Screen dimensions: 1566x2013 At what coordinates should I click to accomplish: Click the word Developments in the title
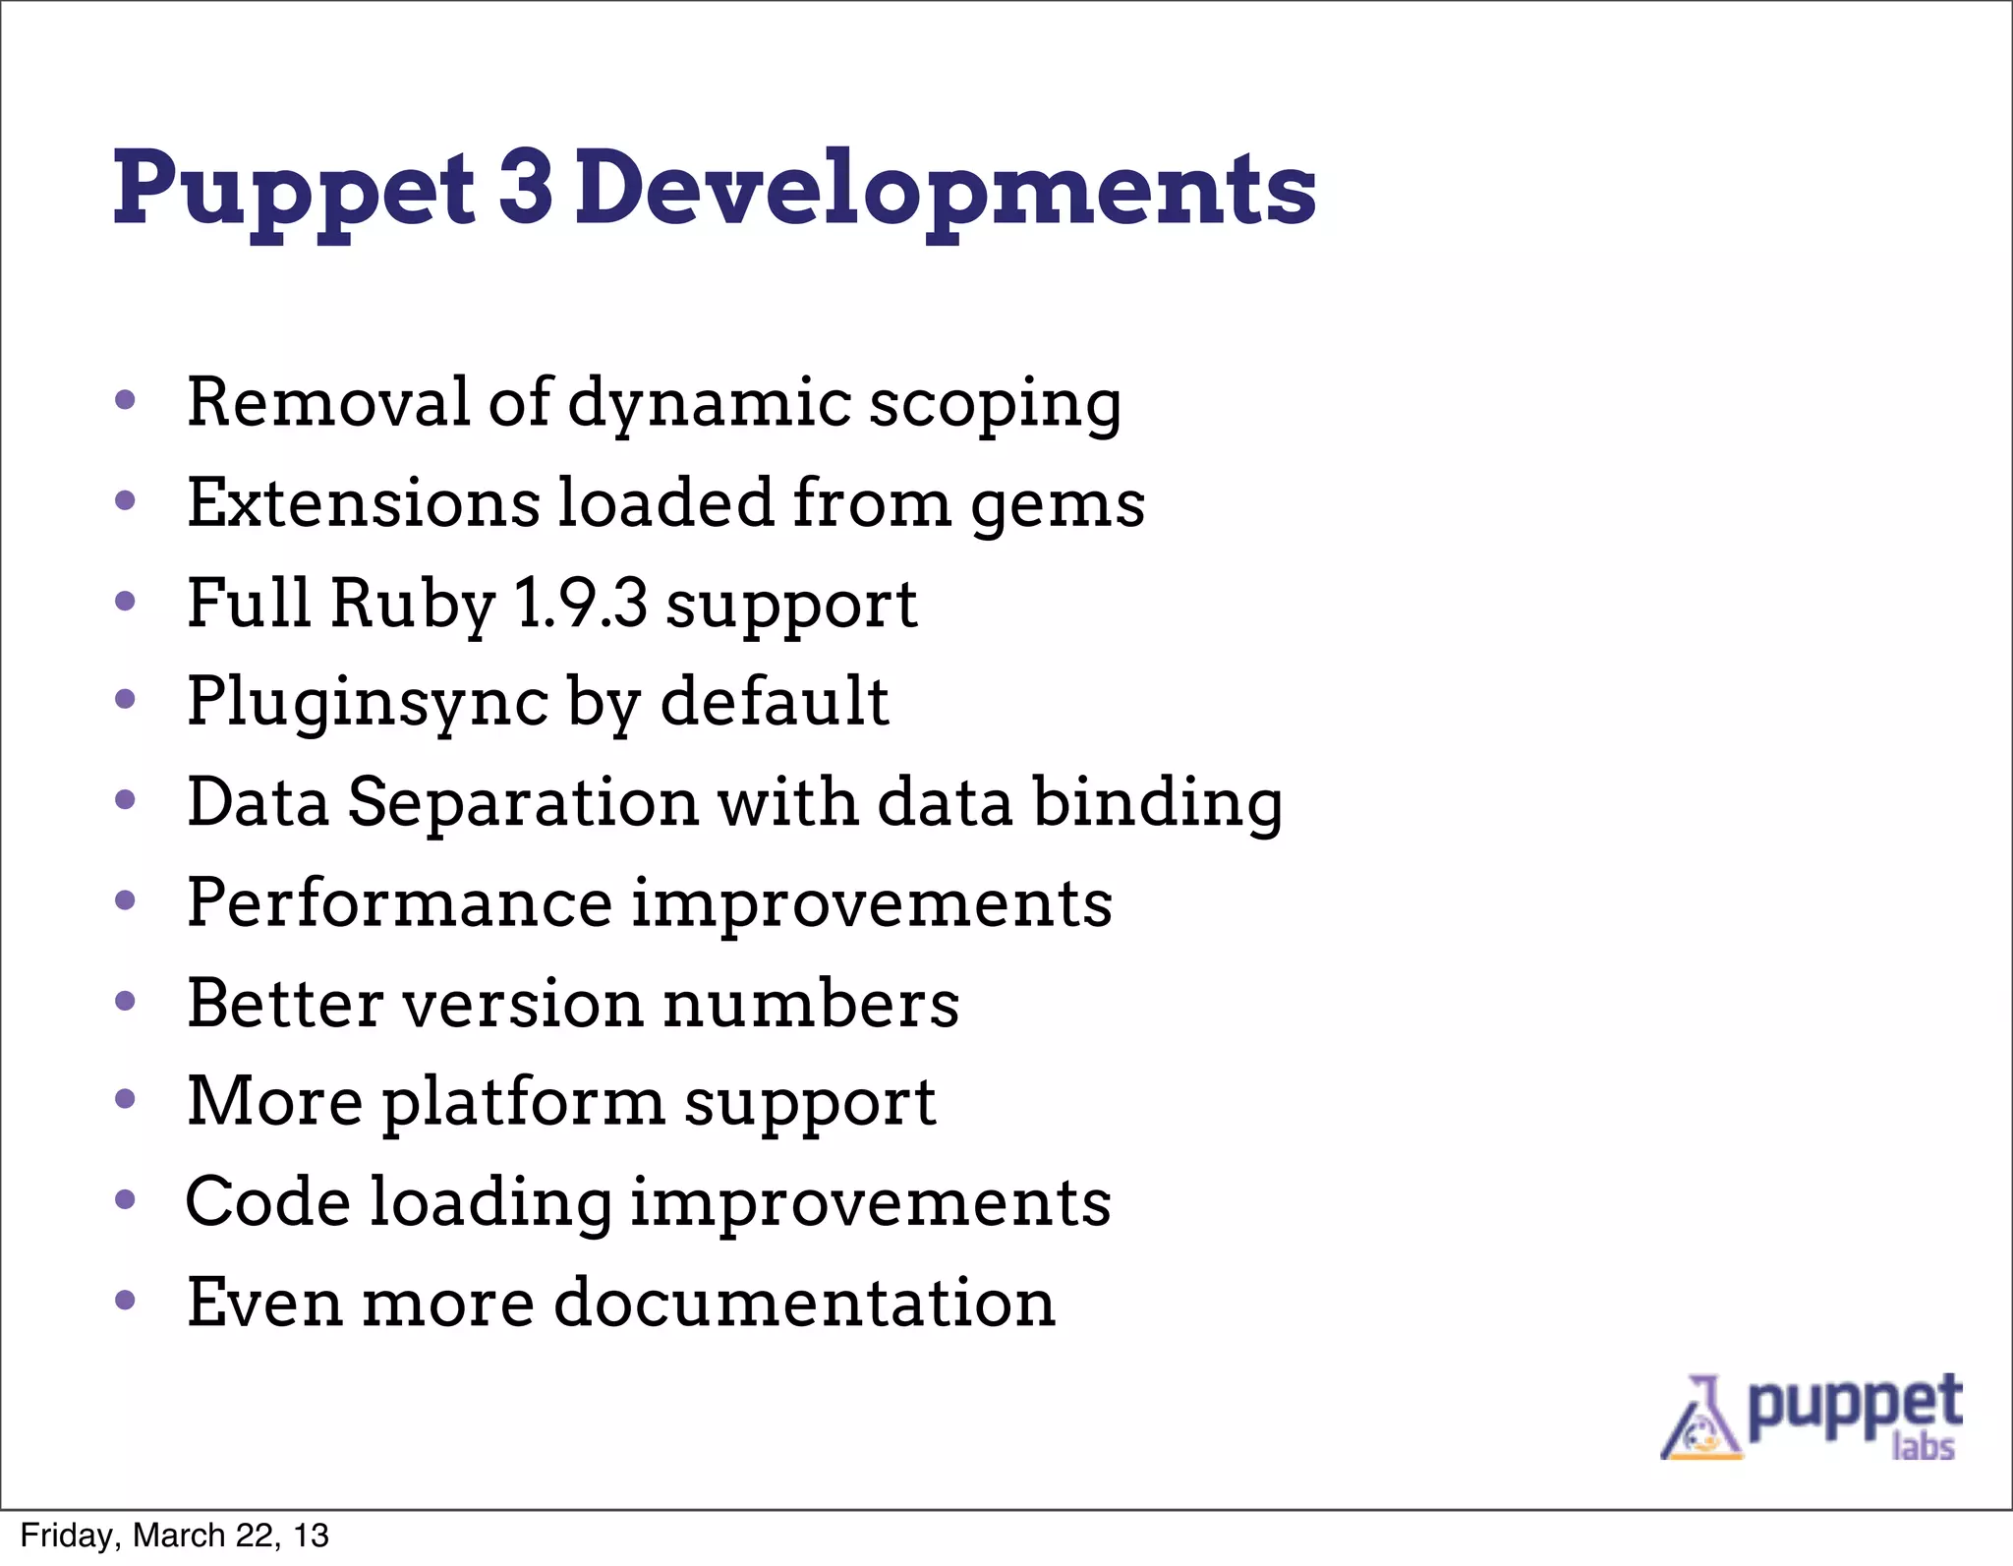[945, 189]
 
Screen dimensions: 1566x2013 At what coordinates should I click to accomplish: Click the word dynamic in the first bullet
[710, 405]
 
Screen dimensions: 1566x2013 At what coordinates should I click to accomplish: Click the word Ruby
[413, 605]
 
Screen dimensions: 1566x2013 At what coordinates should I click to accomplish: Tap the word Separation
[523, 802]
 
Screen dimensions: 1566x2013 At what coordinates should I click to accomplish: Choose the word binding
[1157, 804]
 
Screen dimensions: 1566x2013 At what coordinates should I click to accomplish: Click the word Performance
[399, 902]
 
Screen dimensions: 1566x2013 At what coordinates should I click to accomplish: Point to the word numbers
[811, 1004]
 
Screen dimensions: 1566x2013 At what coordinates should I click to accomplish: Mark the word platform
[523, 1104]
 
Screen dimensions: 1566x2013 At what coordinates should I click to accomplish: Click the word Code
[267, 1202]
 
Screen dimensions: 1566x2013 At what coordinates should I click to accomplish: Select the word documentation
[804, 1303]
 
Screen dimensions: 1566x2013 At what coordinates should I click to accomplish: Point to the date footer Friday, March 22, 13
[174, 1536]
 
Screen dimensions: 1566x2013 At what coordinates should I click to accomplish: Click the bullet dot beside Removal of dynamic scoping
[125, 400]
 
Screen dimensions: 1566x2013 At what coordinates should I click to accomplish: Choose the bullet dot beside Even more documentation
[125, 1300]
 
